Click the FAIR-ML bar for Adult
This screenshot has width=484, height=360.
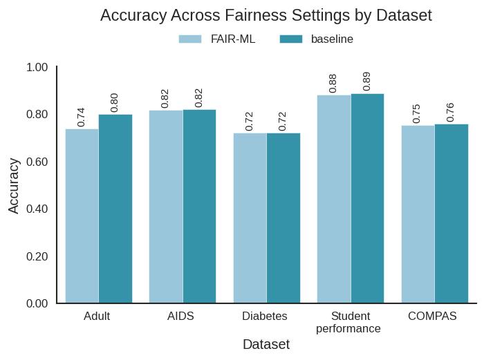tap(82, 216)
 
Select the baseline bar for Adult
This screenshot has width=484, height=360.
tap(115, 209)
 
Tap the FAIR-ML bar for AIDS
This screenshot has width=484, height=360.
tap(166, 207)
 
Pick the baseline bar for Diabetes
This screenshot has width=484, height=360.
tap(283, 218)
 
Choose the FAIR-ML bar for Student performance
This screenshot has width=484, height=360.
tap(334, 199)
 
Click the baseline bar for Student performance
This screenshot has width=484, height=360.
tap(368, 198)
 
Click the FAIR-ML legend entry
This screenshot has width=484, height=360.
tap(217, 39)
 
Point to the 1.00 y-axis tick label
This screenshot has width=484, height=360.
tap(37, 67)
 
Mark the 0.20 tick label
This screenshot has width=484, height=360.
tap(37, 256)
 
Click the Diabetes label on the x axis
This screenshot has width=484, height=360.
tap(265, 316)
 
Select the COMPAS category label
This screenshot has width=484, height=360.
tap(432, 316)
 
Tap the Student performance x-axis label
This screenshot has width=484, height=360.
tap(348, 323)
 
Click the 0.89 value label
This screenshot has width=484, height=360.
tap(366, 81)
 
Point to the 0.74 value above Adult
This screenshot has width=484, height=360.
tap(81, 117)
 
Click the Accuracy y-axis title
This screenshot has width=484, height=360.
tap(14, 185)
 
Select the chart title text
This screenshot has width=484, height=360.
tap(266, 15)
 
